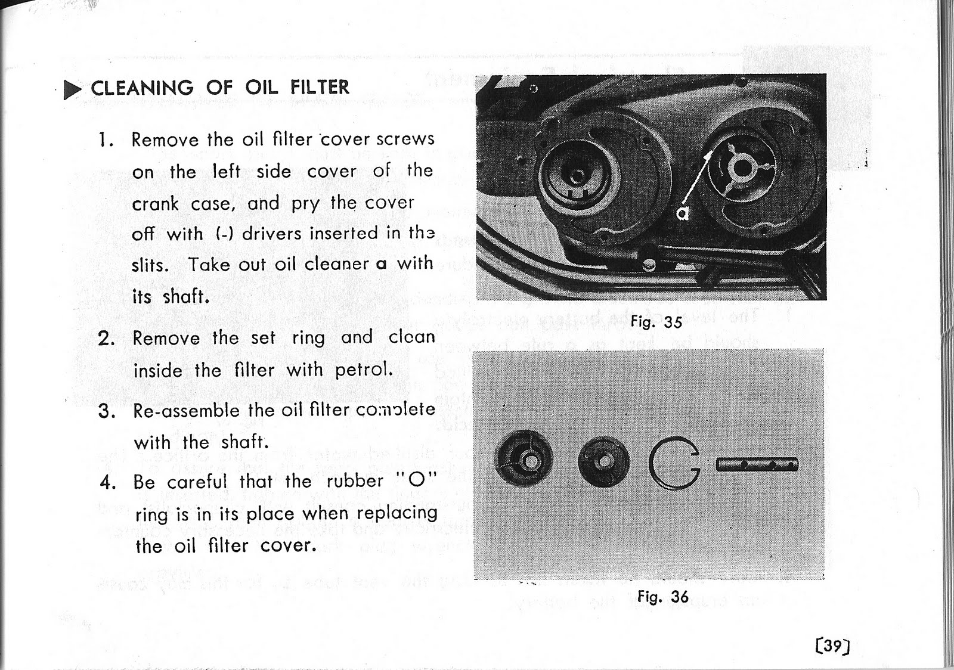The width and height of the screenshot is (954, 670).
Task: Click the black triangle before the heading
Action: pyautogui.click(x=73, y=89)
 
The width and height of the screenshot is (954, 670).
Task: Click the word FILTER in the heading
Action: pyautogui.click(x=320, y=87)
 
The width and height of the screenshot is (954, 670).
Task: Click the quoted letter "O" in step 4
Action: pyautogui.click(x=416, y=480)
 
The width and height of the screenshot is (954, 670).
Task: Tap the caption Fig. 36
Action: pyautogui.click(x=662, y=597)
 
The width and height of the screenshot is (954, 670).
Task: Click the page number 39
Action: pyautogui.click(x=829, y=646)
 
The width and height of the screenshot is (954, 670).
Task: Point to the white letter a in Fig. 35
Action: pyautogui.click(x=683, y=213)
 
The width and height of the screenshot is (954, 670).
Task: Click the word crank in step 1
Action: pyautogui.click(x=155, y=204)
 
